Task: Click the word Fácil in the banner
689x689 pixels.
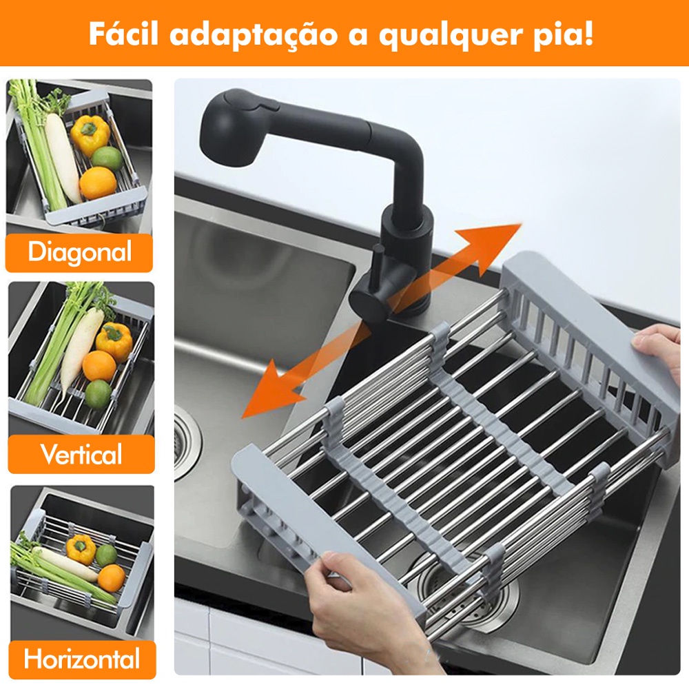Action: [123, 33]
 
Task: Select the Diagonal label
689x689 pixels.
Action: [79, 252]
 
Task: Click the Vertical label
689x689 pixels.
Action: [81, 453]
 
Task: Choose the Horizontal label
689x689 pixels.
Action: [82, 659]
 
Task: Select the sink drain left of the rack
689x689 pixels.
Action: [185, 443]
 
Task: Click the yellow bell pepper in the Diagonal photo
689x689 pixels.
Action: [90, 134]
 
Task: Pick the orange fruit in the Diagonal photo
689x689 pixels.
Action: [98, 183]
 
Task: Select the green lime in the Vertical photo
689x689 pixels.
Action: [98, 394]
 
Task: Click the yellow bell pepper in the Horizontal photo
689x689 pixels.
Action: [81, 549]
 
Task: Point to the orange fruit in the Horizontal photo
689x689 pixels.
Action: [112, 577]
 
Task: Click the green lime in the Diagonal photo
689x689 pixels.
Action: [107, 158]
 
